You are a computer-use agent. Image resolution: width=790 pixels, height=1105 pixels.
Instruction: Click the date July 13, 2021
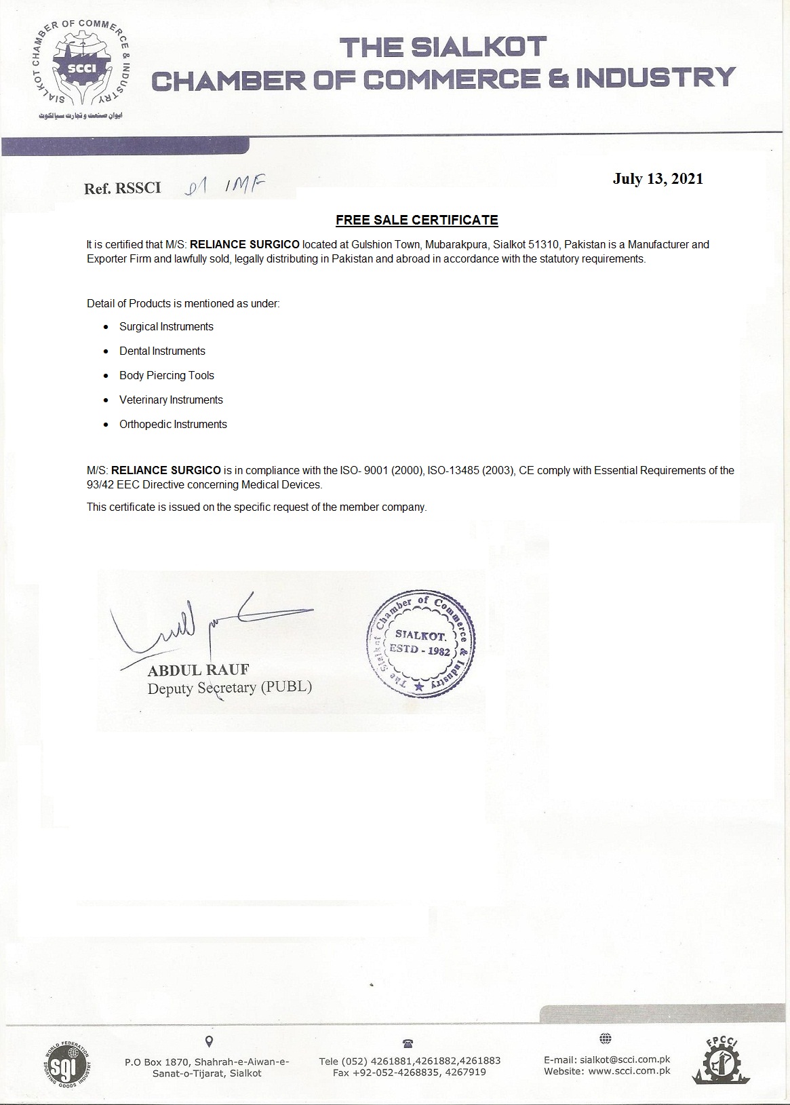[x=658, y=178]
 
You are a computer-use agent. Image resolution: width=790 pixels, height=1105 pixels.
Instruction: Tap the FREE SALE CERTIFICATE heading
[x=417, y=220]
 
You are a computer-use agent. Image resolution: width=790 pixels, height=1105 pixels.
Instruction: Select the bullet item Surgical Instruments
[x=166, y=327]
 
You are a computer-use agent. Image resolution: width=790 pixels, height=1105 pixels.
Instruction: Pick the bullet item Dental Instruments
[x=162, y=351]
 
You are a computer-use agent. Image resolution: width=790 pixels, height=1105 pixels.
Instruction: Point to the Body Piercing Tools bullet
[x=167, y=376]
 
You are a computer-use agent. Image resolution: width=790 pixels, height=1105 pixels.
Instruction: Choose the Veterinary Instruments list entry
[x=171, y=400]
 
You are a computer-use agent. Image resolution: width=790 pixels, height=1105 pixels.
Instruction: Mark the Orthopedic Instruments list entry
[x=173, y=425]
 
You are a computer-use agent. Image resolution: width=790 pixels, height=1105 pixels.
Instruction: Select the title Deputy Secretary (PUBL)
[x=230, y=687]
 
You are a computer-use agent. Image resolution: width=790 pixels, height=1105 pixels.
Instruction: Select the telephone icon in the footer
[x=408, y=1043]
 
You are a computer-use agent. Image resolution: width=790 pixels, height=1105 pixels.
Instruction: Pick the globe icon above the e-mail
[x=606, y=1039]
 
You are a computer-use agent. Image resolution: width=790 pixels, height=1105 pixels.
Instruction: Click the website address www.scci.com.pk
[x=629, y=1071]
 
